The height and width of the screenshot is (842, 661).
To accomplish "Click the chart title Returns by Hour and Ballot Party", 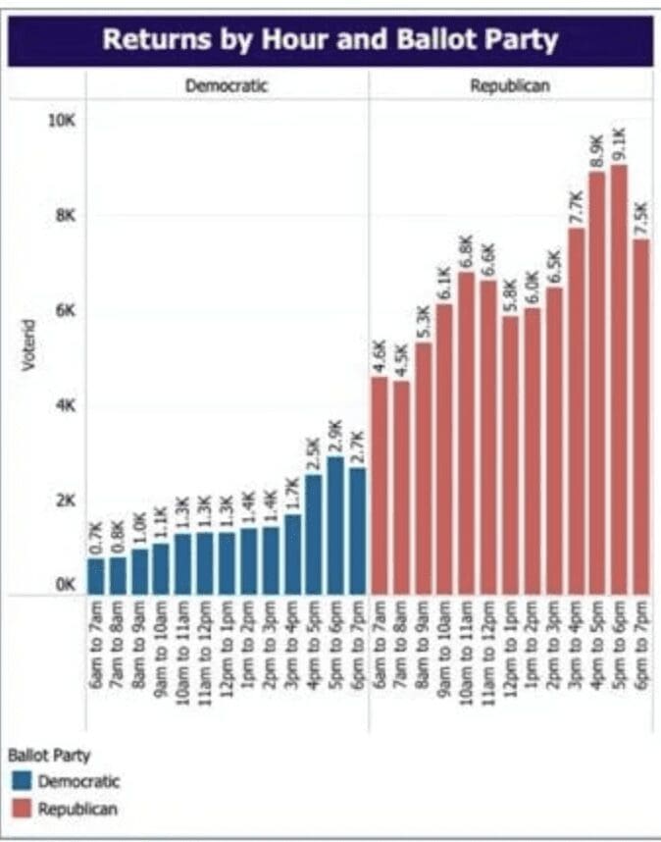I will [x=330, y=40].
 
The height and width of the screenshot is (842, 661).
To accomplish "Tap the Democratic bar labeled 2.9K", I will [x=336, y=525].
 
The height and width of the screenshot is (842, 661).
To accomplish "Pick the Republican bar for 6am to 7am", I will [x=381, y=485].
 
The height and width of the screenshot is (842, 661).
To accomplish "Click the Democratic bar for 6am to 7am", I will [x=96, y=576].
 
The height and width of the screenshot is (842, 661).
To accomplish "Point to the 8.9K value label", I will [x=596, y=152].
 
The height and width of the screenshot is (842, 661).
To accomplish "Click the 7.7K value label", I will [x=576, y=208].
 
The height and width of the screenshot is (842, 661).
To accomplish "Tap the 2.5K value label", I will [x=315, y=455].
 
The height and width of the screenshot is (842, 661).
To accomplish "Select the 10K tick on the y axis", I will [x=63, y=120].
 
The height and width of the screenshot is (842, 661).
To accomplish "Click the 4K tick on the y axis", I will [x=65, y=405].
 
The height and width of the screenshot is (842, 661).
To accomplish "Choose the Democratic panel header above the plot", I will [x=227, y=86].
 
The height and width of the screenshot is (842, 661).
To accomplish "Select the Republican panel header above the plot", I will [x=509, y=86].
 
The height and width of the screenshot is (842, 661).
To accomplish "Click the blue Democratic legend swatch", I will [x=22, y=782].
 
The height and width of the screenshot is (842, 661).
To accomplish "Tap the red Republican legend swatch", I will [x=22, y=809].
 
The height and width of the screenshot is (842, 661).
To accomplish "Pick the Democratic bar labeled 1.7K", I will [x=292, y=554].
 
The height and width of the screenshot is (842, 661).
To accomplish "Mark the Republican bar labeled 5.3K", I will [x=423, y=468].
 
